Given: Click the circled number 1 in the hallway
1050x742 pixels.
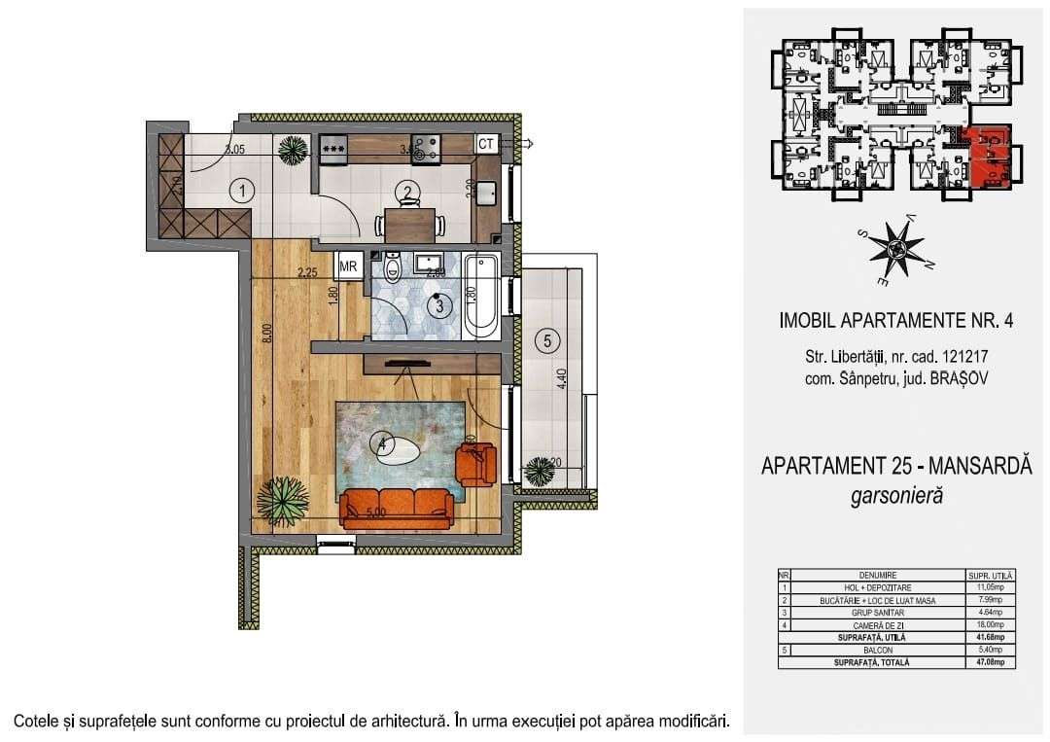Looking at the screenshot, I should (x=240, y=191).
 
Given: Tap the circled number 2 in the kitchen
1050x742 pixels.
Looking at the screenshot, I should (x=409, y=192).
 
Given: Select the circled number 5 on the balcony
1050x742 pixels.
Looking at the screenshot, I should (x=547, y=340).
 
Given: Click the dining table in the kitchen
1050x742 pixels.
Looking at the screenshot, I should (x=409, y=224).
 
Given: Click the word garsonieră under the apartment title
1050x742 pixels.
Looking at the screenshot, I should (x=895, y=496).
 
